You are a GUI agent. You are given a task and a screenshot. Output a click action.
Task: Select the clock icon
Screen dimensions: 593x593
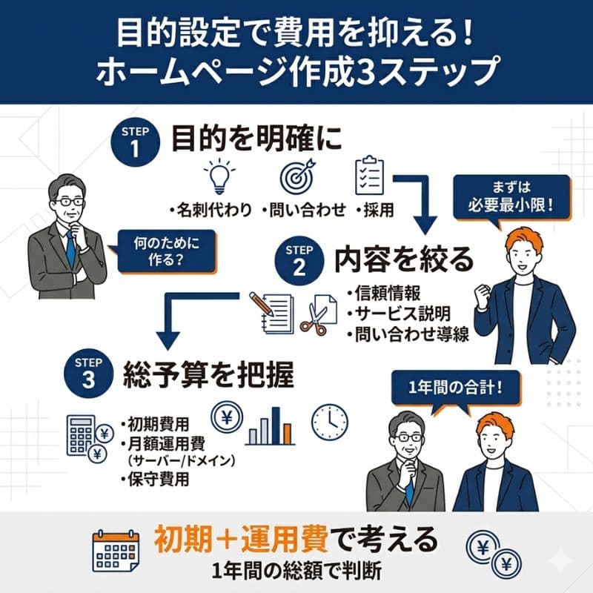pyautogui.click(x=329, y=422)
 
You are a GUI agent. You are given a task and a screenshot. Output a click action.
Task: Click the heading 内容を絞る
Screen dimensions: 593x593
pyautogui.click(x=403, y=259)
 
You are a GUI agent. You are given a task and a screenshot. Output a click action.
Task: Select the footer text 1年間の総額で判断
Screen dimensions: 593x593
pyautogui.click(x=296, y=571)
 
